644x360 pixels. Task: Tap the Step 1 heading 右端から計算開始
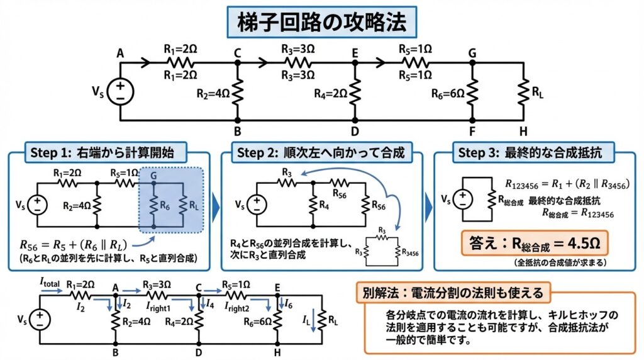(x=108, y=152)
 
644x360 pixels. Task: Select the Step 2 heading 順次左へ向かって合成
(x=322, y=152)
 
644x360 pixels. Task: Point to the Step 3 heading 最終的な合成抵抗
(x=534, y=152)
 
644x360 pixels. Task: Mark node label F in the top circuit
(x=473, y=132)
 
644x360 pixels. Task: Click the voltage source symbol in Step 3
(x=463, y=198)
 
